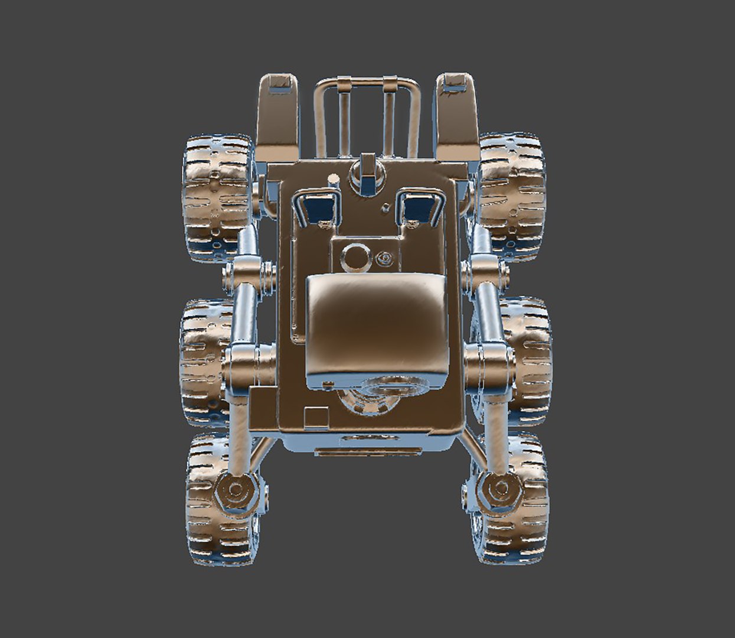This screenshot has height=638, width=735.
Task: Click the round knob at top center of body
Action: [367, 171]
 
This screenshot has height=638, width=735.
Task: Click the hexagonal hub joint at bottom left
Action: [235, 489]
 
